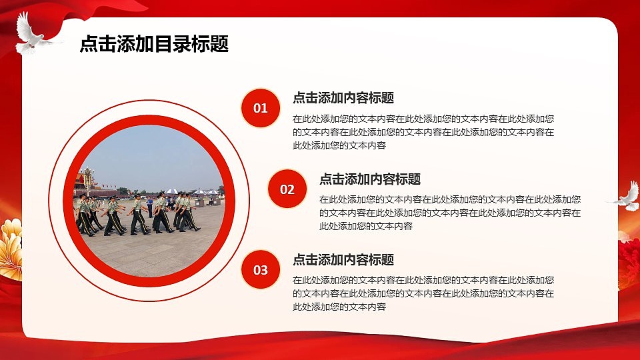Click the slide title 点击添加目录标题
coord(154,45)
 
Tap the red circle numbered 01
coord(260,108)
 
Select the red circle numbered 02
coord(287,189)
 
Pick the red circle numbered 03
coord(260,270)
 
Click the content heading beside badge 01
coord(343,98)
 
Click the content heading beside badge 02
coord(370,179)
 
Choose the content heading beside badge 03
coord(343,260)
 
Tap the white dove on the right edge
coord(625,196)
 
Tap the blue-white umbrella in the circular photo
coord(171,191)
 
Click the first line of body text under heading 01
coord(423,119)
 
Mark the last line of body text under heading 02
coord(366,226)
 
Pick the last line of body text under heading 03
coord(339,307)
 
